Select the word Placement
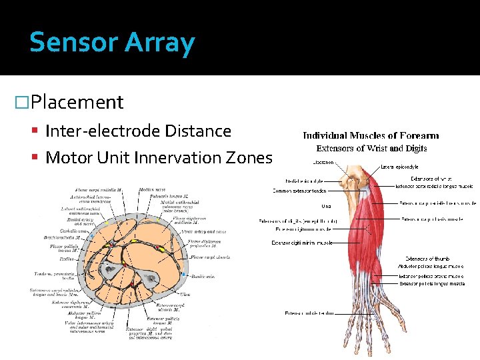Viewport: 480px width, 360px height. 77,102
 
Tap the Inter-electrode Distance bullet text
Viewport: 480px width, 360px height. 138,131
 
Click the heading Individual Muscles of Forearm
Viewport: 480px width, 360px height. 371,135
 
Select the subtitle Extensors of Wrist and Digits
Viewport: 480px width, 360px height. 371,148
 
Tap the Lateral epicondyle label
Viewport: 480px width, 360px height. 399,167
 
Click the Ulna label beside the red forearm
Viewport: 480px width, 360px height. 325,205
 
